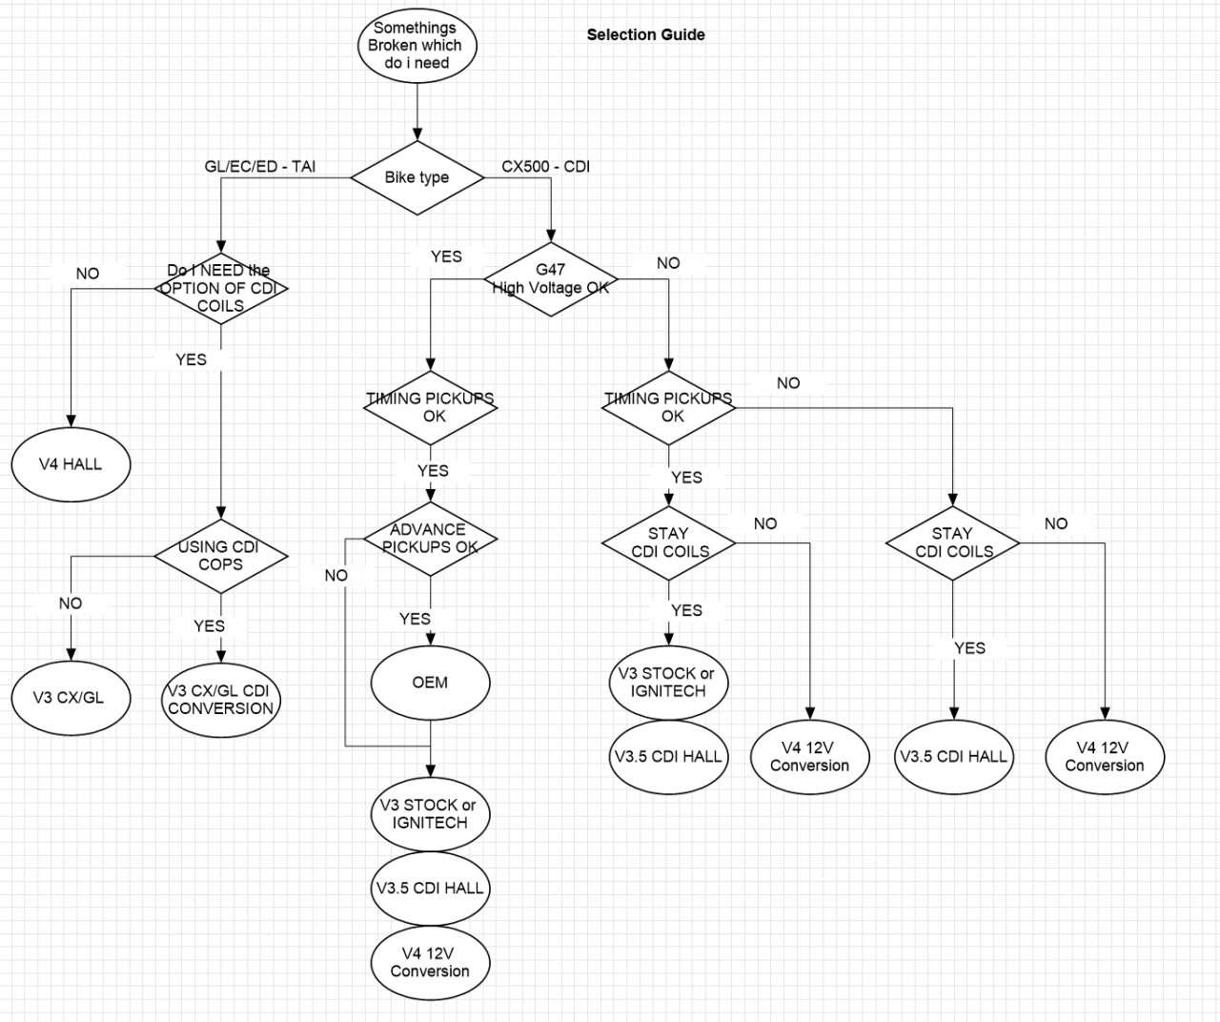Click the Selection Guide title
[645, 34]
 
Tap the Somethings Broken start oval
[417, 45]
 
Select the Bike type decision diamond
[417, 177]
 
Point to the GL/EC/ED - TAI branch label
[260, 166]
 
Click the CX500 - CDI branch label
[545, 166]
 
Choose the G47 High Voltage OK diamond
[550, 278]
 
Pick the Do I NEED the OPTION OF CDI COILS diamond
[220, 288]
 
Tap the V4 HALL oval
[70, 464]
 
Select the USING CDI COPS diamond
[220, 555]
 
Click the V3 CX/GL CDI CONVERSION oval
[220, 699]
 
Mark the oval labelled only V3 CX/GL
[69, 697]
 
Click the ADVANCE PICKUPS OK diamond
[430, 539]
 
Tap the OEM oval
[430, 683]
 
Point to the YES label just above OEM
[415, 619]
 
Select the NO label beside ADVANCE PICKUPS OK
[335, 575]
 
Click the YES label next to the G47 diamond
[446, 256]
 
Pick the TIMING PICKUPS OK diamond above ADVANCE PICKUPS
[430, 407]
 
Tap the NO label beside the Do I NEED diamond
[87, 274]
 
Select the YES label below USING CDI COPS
[209, 625]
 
